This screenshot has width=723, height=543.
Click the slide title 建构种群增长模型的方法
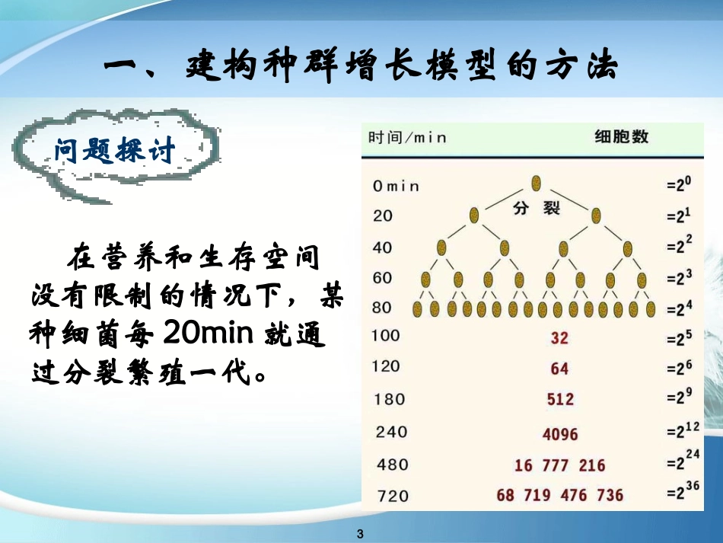[361, 67]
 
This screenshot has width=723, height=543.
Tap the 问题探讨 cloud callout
[114, 150]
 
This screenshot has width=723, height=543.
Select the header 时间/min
[407, 138]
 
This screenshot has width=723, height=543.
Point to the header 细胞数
[621, 137]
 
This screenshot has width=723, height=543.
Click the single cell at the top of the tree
[537, 183]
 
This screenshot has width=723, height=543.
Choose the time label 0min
[396, 185]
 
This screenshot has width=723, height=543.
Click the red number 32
[559, 337]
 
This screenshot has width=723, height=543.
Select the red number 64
[559, 369]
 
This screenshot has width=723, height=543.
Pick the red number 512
[560, 399]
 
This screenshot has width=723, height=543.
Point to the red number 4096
[560, 434]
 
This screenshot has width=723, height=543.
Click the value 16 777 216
[560, 465]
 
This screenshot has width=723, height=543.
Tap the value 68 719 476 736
[559, 496]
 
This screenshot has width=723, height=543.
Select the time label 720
[393, 497]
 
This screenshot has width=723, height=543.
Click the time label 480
[393, 465]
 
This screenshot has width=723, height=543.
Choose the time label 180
[390, 399]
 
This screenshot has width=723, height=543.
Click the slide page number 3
[361, 532]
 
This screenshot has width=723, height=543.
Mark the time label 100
[387, 336]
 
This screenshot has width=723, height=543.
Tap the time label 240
[391, 432]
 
